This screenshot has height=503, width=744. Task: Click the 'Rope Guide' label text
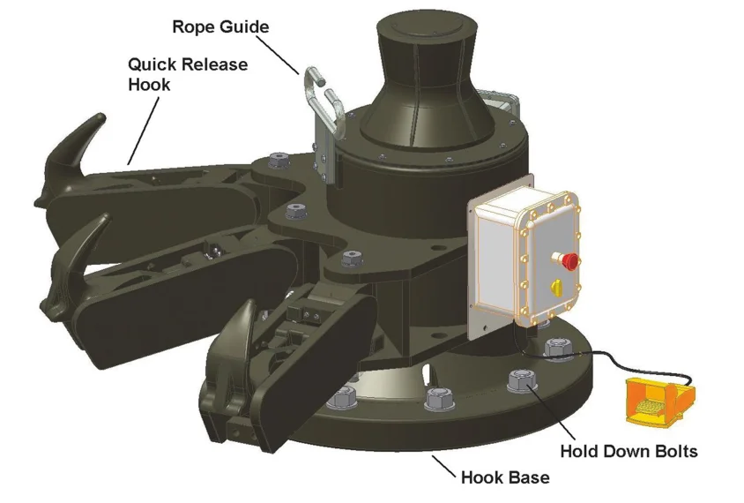(219, 27)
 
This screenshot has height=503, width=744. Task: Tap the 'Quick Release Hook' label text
(187, 75)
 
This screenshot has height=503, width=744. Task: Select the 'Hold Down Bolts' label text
(629, 452)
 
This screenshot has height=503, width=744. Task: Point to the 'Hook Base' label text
(505, 478)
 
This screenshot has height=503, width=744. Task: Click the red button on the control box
(570, 261)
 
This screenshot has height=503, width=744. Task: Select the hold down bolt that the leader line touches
(520, 382)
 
